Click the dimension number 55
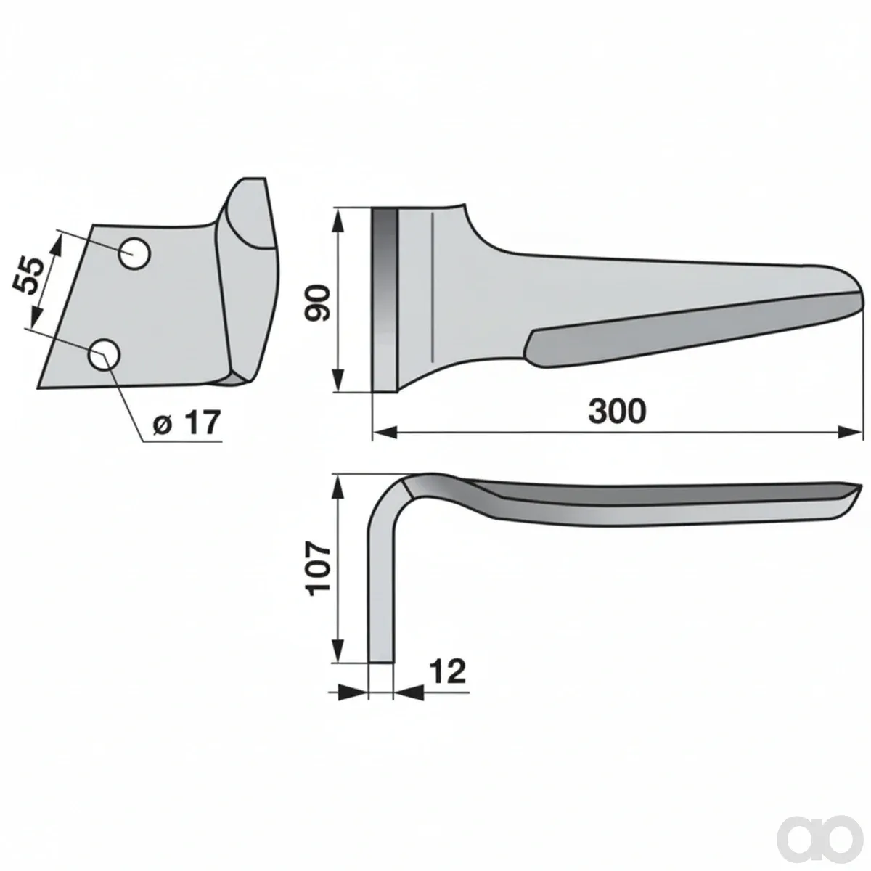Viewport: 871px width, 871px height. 28,275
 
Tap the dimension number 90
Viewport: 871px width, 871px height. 318,303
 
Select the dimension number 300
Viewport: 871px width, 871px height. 618,412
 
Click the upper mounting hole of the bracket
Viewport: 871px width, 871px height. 134,254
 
